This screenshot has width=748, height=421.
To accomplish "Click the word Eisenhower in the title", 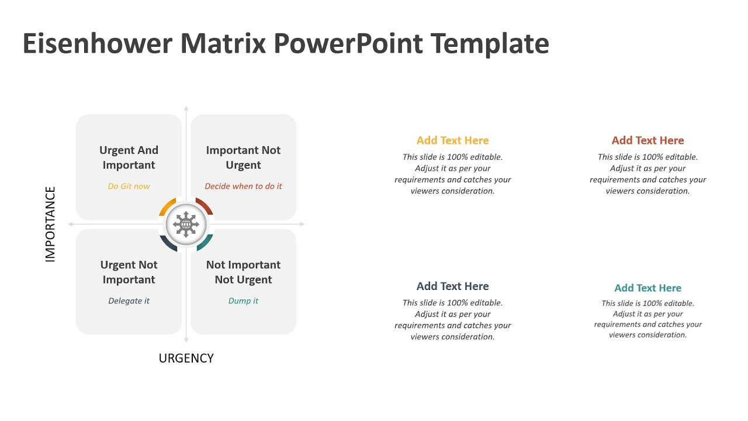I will tap(96, 44).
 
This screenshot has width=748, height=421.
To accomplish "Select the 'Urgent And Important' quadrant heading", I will tap(129, 158).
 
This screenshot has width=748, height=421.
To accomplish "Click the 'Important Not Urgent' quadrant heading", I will tap(243, 158).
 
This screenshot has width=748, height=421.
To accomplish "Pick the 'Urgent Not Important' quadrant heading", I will tap(129, 272).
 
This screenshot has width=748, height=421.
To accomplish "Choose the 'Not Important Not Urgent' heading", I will tap(243, 272).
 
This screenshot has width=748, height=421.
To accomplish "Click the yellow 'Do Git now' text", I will tap(129, 187).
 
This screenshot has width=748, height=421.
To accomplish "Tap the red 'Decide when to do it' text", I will tap(243, 187).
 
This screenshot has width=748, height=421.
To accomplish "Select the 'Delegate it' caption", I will tap(129, 301).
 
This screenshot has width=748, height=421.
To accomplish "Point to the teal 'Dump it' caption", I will tap(243, 301).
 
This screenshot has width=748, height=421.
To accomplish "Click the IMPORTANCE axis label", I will tap(50, 224).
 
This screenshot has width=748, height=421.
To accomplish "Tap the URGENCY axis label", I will tap(186, 358).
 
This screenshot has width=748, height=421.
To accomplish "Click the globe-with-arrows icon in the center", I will tap(186, 225).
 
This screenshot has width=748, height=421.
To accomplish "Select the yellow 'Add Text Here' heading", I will tap(452, 140).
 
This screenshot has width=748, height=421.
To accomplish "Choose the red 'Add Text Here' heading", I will tap(647, 140).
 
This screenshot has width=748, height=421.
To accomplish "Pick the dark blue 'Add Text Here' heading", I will tap(452, 287).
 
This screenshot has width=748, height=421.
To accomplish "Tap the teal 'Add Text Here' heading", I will tap(647, 288).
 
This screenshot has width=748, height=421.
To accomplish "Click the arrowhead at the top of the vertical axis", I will tap(186, 109).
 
